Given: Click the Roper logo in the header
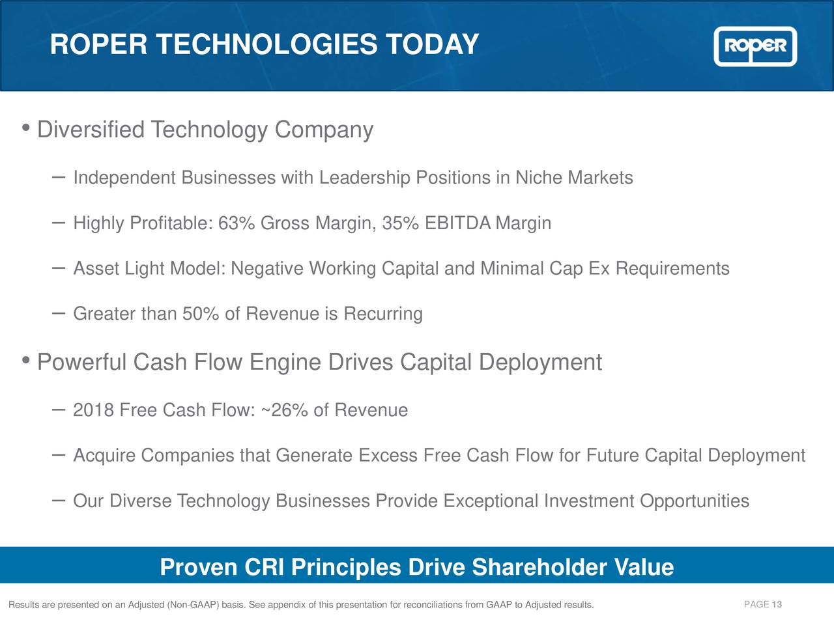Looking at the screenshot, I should pyautogui.click(x=755, y=46).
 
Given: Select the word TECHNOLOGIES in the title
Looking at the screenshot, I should pyautogui.click(x=266, y=45).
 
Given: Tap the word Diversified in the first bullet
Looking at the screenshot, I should pyautogui.click(x=91, y=130).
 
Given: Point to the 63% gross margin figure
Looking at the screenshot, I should pyautogui.click(x=237, y=223).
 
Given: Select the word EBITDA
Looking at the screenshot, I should pyautogui.click(x=457, y=223).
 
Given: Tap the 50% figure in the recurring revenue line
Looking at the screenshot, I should pyautogui.click(x=200, y=314).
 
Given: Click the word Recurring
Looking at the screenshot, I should pyautogui.click(x=383, y=314).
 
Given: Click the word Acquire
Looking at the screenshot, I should pyautogui.click(x=104, y=456).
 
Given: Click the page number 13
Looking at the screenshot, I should pyautogui.click(x=777, y=605).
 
